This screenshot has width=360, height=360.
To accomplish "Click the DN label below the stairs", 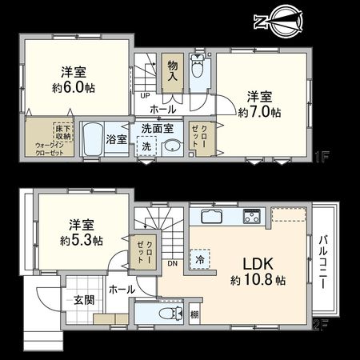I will (x=171, y=263).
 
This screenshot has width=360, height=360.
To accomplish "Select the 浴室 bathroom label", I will (x=116, y=139).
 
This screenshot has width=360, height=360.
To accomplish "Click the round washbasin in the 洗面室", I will (x=171, y=146).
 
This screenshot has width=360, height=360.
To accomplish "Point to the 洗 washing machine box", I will (x=146, y=146).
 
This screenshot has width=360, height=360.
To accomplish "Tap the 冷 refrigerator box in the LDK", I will (x=197, y=258).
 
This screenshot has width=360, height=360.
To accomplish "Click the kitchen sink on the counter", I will (x=211, y=217).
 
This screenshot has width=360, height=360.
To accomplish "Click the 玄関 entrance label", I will (x=84, y=300).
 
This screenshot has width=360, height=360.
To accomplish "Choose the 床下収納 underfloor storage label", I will (x=63, y=134).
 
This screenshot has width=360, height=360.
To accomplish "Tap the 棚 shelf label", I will (x=194, y=315).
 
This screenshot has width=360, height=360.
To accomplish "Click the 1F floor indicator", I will (x=322, y=158).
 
